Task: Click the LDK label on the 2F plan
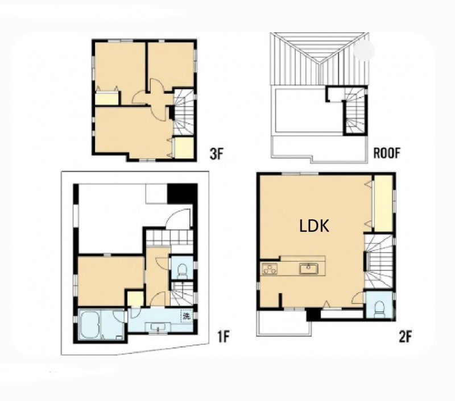coord(314,226)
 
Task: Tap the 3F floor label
coord(216,154)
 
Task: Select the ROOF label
coord(387,153)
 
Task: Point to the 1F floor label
coord(224,336)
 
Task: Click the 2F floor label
coord(406,336)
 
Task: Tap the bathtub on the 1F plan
coord(90,324)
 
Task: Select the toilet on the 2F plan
coord(379,308)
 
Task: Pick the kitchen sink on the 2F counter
coord(309,269)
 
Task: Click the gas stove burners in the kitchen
coord(270,269)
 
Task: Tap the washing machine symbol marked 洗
coord(186,316)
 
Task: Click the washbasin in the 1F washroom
coord(158,327)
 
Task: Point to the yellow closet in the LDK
coord(382,203)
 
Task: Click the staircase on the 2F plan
coord(378,262)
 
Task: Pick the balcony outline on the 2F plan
coord(284,323)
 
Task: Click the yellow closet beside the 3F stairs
coord(184,148)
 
